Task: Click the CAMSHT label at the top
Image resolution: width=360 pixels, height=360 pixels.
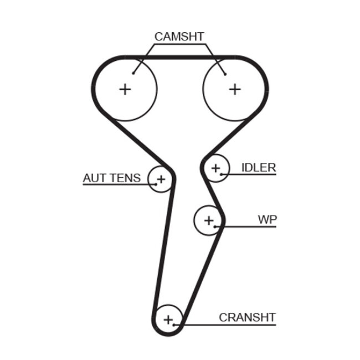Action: [179, 37]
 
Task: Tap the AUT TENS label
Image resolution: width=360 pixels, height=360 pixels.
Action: [111, 178]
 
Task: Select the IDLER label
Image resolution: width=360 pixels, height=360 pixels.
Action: [258, 168]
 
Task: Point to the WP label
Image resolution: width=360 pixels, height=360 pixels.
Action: [267, 219]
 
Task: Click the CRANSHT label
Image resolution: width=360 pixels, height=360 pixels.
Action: [247, 317]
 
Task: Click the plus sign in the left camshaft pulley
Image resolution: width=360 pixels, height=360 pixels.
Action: [125, 89]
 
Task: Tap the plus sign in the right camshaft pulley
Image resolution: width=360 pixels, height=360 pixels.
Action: [235, 89]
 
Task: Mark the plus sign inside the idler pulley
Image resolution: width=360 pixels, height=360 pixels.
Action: [215, 167]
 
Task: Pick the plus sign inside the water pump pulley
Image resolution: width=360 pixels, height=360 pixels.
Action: [208, 220]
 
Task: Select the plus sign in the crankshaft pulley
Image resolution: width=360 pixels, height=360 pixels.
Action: [168, 319]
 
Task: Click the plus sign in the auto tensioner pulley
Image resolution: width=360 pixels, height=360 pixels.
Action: [161, 179]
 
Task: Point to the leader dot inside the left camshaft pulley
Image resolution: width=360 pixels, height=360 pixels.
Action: [135, 73]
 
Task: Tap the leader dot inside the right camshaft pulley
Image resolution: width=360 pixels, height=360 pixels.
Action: [225, 74]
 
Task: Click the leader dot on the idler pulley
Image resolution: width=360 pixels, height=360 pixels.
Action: [222, 174]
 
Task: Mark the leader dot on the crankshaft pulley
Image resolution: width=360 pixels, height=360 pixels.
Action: [174, 325]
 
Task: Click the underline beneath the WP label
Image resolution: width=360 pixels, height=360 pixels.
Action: [249, 227]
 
